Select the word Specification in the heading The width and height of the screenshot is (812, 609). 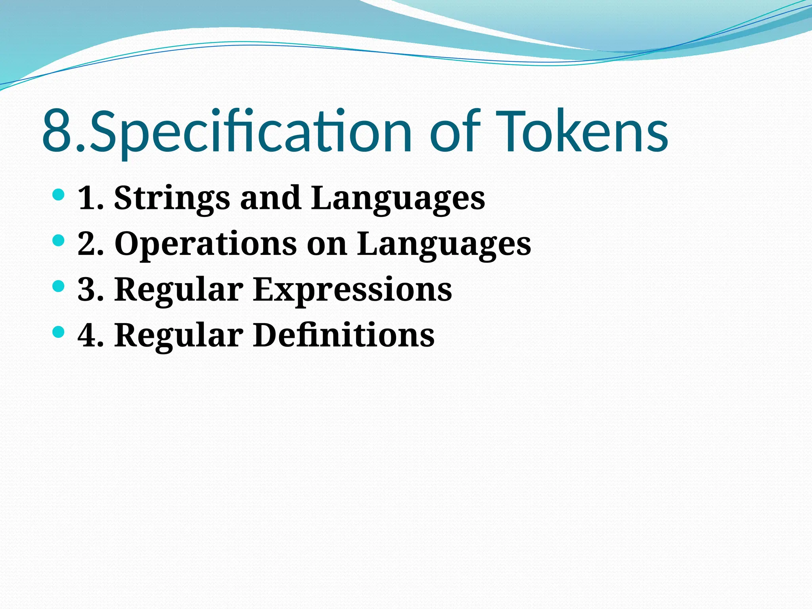(250, 132)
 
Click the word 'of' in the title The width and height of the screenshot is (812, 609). (455, 132)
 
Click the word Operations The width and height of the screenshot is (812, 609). (205, 243)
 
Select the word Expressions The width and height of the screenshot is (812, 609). (352, 289)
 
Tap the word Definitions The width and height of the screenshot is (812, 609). (344, 335)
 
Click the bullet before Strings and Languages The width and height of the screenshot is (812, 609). (58, 195)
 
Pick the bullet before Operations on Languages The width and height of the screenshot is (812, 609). (58, 240)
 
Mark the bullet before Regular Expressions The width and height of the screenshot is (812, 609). (58, 286)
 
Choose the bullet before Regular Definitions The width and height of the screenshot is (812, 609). (58, 332)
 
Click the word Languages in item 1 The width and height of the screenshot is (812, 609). (398, 198)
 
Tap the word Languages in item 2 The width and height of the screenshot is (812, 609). (444, 243)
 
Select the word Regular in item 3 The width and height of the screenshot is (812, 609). (179, 289)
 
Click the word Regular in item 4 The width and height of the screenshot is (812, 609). (179, 335)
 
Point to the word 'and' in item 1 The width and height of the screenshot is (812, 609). (270, 198)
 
